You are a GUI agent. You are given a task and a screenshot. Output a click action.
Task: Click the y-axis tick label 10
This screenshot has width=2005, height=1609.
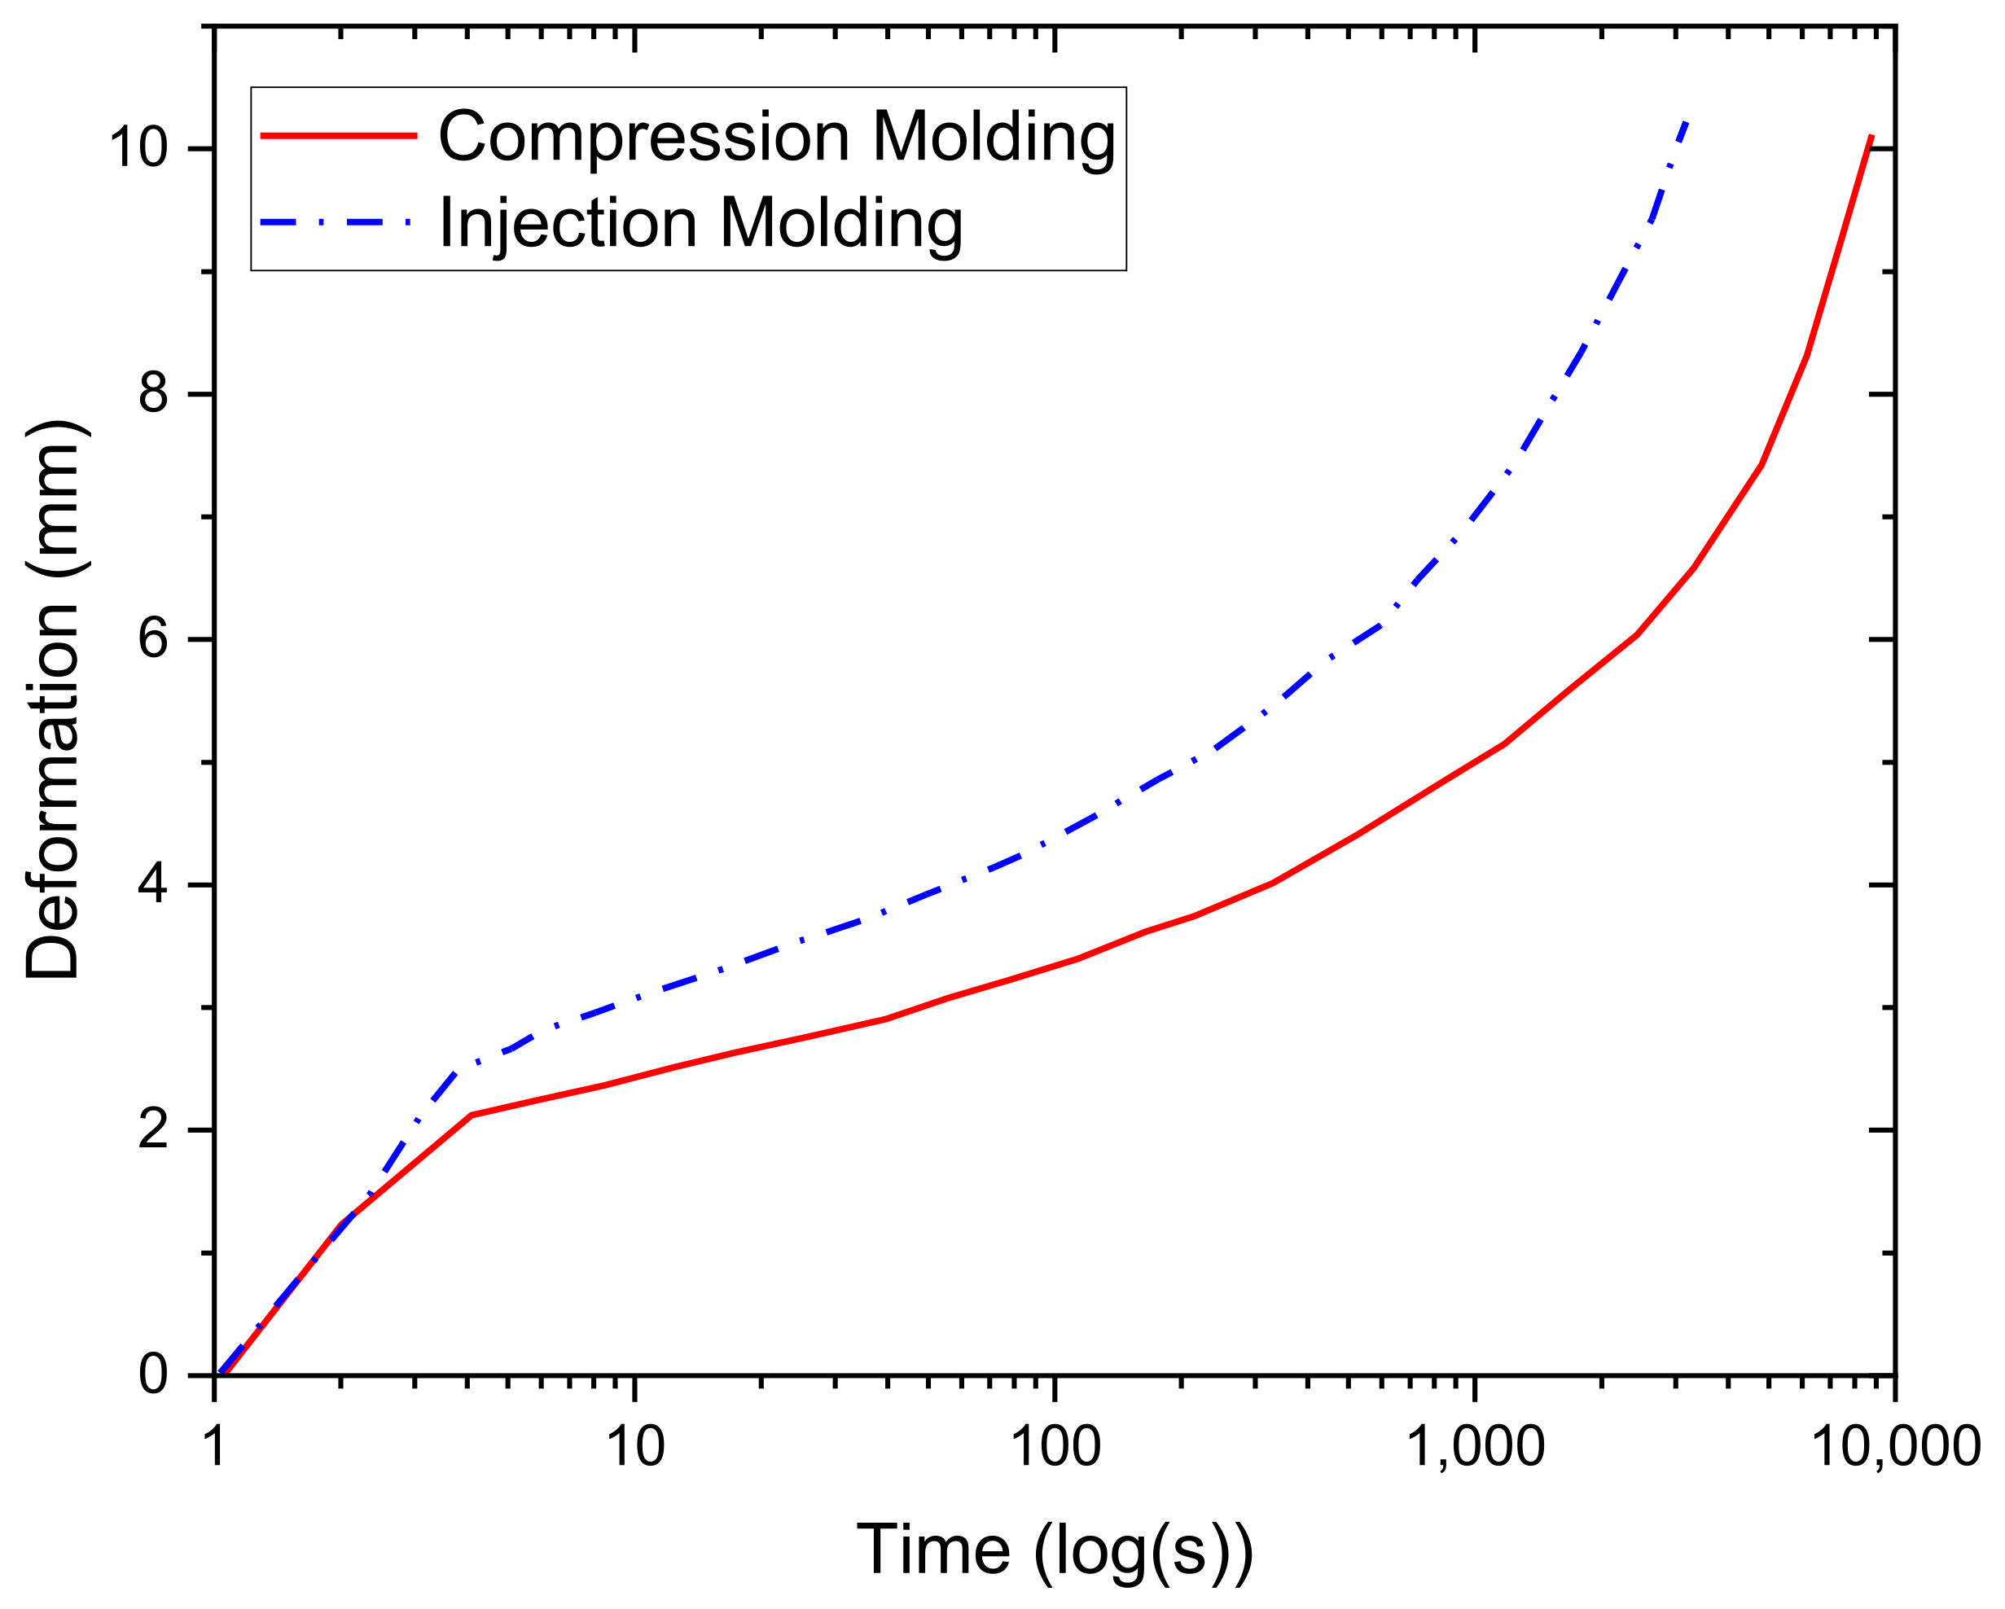pos(139,149)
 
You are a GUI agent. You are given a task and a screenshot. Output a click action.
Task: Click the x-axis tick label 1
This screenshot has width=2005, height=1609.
pos(215,1447)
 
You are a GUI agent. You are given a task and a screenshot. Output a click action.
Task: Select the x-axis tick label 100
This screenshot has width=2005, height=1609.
pos(1055,1447)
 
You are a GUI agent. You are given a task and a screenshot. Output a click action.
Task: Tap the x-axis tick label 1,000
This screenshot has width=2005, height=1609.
pos(1475,1447)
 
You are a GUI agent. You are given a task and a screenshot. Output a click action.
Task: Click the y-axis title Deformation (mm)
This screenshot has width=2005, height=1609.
pos(53,699)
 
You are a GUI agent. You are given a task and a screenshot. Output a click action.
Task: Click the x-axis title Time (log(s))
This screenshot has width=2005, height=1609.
pos(1055,1550)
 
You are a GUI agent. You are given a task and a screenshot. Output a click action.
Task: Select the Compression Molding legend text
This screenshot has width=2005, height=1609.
pos(777,137)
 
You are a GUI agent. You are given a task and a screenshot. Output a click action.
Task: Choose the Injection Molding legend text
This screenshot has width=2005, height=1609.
pos(700,223)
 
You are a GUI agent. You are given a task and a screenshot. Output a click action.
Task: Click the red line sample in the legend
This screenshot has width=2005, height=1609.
pos(339,136)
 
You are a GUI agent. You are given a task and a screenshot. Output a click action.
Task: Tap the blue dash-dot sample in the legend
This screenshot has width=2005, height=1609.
pos(339,223)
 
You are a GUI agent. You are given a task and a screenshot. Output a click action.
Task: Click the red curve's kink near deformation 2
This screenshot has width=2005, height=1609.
pos(472,1114)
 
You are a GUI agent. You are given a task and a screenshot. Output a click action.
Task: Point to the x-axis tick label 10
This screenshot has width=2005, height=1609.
pos(635,1447)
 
